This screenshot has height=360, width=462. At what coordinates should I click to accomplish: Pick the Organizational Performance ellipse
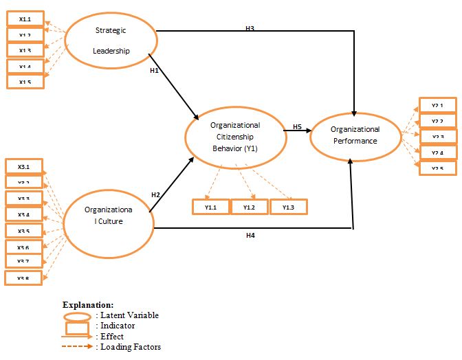coord(355,135)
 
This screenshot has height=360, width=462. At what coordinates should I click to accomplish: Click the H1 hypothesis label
coord(155,70)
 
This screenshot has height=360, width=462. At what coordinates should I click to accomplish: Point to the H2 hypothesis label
coord(155,195)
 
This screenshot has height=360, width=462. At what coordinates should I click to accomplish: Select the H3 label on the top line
coord(250,28)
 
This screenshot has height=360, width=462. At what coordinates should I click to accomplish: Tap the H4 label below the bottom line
coord(251,236)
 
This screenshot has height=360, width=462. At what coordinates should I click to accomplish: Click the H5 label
coord(297,126)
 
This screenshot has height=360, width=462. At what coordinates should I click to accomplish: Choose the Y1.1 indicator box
coord(210,207)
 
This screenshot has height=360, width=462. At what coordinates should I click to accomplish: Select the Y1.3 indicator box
coord(289,207)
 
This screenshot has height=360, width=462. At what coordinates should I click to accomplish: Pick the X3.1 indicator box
coord(24,166)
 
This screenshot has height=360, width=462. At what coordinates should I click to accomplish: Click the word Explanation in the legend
coord(88,304)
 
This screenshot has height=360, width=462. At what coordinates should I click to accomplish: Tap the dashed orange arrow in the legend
coord(77,347)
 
